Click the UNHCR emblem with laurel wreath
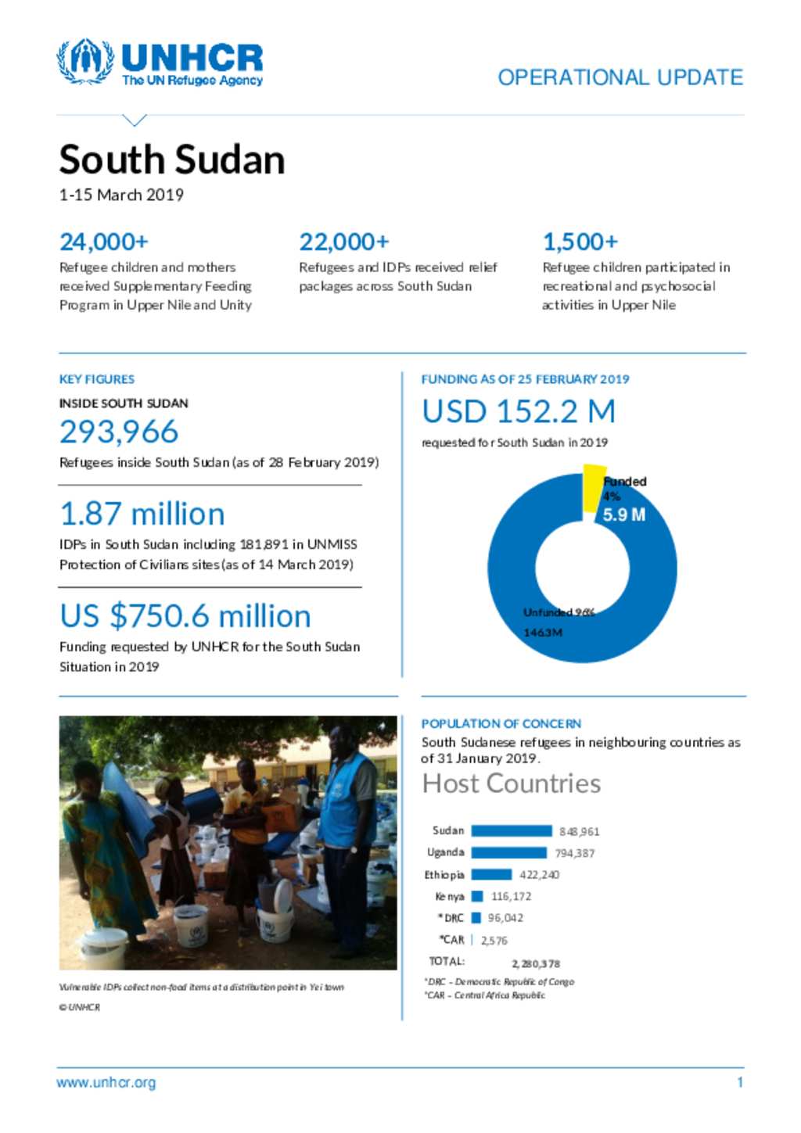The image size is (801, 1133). tap(85, 61)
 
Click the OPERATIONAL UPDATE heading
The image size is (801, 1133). tap(620, 77)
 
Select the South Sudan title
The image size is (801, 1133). tap(172, 160)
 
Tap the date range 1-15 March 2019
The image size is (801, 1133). tap(121, 195)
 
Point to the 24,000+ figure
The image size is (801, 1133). tap(104, 242)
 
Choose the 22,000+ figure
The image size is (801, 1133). tap(344, 242)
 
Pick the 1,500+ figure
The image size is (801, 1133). tap(580, 242)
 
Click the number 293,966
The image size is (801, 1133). tap(119, 432)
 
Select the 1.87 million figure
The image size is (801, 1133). tap(142, 514)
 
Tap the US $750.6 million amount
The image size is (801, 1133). tap(185, 616)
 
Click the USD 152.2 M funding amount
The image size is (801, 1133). tap(519, 411)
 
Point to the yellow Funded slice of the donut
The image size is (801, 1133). tap(594, 487)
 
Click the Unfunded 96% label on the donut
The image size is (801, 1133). tap(559, 612)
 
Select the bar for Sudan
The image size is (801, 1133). tap(512, 831)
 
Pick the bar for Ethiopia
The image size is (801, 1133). tap(491, 875)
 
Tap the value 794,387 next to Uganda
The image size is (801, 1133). tap(575, 853)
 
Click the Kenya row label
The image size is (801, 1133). tap(450, 896)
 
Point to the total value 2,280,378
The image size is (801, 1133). tap(536, 964)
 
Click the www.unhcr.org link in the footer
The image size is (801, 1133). tap(106, 1083)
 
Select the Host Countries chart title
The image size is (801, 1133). tap(512, 783)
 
